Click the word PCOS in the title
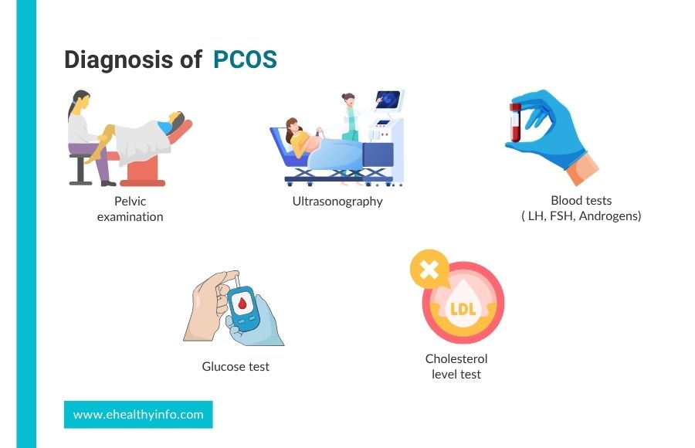coord(245,59)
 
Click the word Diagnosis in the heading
coord(119,60)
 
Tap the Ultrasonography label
coord(337,202)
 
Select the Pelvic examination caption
coord(130,209)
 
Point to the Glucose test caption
coord(236,366)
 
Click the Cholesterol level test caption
coord(456,366)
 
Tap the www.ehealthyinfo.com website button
coord(138,415)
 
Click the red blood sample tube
coord(515,123)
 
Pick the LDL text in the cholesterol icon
coord(463,309)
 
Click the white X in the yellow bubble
coord(429,269)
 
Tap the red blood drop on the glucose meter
coord(242,303)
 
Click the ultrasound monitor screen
coord(388,100)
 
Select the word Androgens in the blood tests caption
coord(610,216)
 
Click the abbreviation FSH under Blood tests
coord(562,216)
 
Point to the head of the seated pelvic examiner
coord(80,101)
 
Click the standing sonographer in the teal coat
coord(350,117)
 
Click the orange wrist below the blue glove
coord(582,169)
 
